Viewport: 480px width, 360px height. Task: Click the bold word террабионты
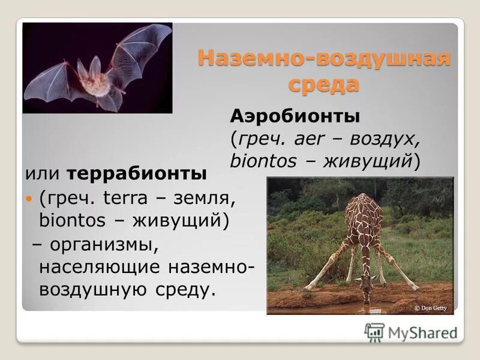pyautogui.click(x=137, y=174)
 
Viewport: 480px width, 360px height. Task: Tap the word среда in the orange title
pyautogui.click(x=323, y=84)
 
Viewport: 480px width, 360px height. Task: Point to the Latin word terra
pyautogui.click(x=124, y=197)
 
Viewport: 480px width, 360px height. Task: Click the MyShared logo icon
pyautogui.click(x=374, y=332)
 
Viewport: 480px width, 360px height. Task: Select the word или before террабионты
pyautogui.click(x=43, y=174)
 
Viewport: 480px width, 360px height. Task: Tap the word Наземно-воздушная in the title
pyautogui.click(x=323, y=59)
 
